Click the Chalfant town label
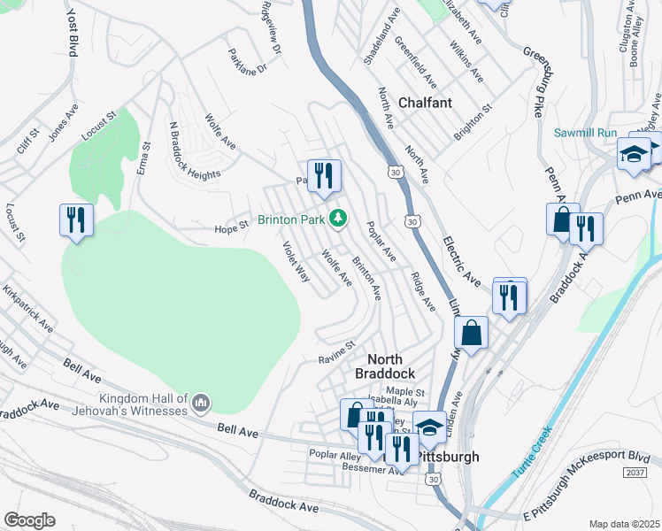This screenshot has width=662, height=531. tap(425, 103)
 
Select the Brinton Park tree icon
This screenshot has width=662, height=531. tap(336, 218)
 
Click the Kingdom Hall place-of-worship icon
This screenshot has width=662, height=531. tap(200, 404)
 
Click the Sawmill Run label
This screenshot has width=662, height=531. tap(584, 133)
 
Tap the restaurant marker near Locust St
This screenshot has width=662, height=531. tap(76, 219)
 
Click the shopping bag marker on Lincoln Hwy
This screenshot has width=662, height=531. tap(473, 334)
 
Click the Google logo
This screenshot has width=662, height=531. tap(29, 520)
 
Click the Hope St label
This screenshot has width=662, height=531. tap(231, 227)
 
